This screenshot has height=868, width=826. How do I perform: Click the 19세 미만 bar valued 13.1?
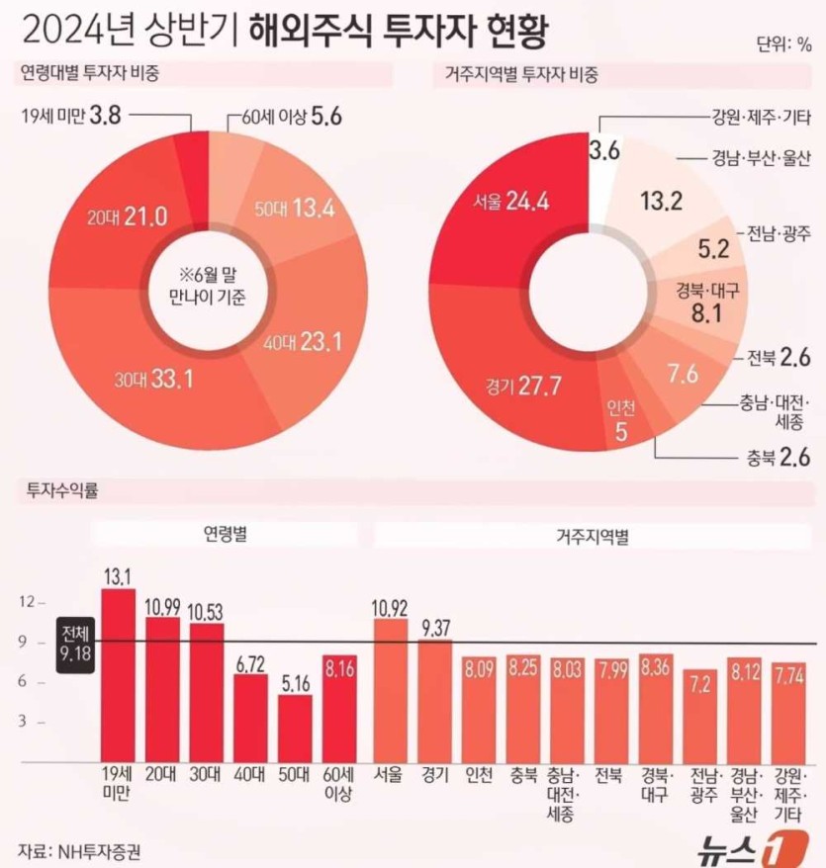coord(118,672)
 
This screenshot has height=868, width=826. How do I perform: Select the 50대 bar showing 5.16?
coord(294,727)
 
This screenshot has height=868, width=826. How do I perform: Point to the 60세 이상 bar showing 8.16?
coord(339,707)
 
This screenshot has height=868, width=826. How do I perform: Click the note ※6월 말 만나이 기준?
coord(208,280)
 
